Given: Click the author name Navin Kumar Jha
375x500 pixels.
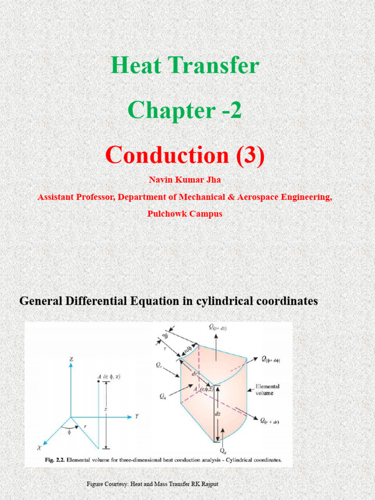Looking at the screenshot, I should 185,180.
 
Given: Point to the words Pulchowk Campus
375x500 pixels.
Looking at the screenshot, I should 185,214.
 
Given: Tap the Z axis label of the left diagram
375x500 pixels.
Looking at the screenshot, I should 71,359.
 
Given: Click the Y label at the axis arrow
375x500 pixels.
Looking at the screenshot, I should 137,417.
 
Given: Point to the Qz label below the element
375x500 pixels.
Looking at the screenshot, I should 223,451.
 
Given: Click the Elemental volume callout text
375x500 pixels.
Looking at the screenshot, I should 268,389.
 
